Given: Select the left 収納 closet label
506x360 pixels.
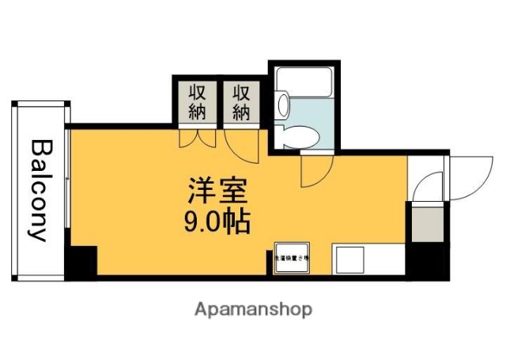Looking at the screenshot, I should tap(196, 103).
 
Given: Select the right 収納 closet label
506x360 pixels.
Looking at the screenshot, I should tap(240, 103).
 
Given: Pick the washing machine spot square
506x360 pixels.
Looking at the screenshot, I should tap(291, 258).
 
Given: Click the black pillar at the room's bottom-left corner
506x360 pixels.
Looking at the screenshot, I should tap(81, 263).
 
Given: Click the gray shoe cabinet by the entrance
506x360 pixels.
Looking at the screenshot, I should tap(426, 223).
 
